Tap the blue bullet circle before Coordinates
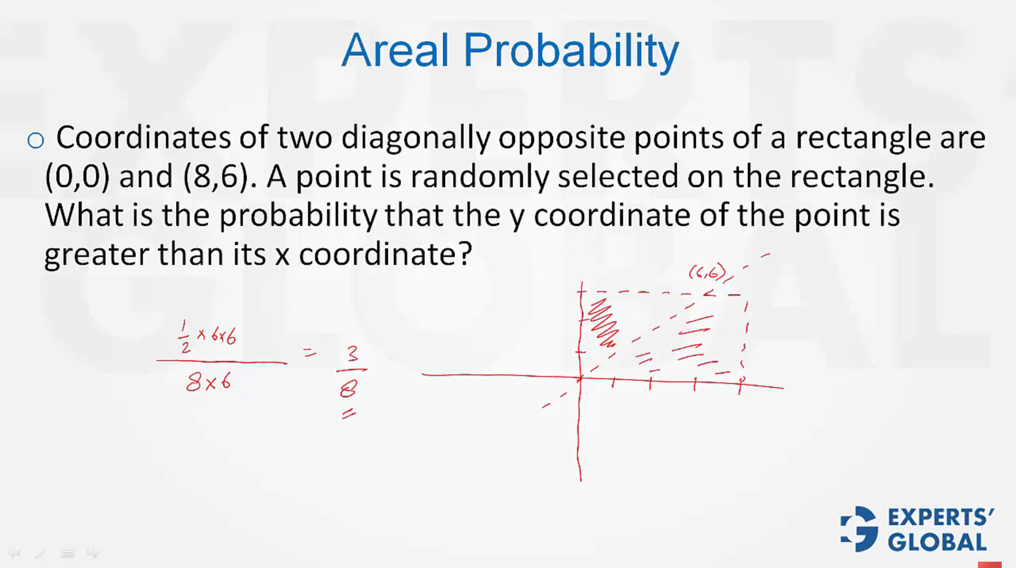click(35, 140)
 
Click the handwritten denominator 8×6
click(208, 381)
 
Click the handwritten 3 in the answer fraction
click(352, 353)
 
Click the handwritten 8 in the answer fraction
click(349, 389)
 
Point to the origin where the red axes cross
click(580, 378)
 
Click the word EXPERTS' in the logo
click(940, 517)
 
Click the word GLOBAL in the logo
click(937, 542)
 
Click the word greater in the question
click(96, 254)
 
